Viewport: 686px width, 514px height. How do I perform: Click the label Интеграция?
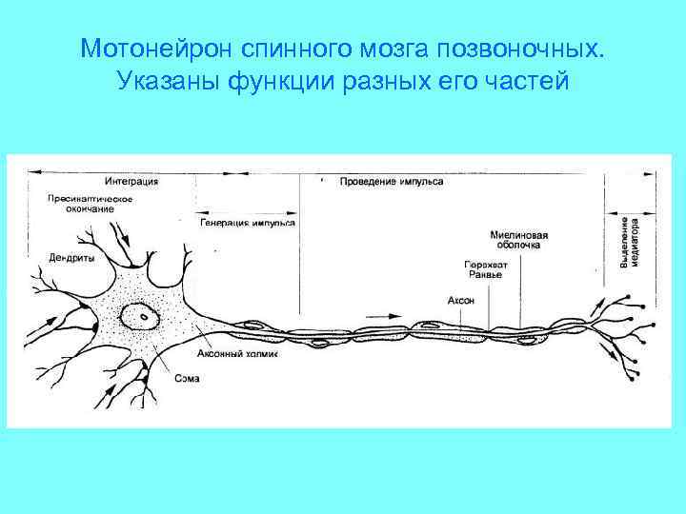[131, 181]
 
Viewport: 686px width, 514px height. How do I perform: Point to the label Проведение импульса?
[391, 181]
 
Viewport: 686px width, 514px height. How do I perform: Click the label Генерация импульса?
[248, 223]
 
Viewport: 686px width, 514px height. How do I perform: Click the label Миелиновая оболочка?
[519, 238]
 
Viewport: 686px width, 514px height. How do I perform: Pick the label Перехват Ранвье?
[485, 268]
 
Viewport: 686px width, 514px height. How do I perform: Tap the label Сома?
[187, 379]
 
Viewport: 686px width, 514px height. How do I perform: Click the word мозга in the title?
[373, 48]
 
